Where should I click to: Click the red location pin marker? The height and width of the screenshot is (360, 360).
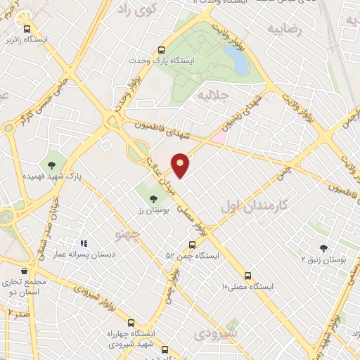(181, 165)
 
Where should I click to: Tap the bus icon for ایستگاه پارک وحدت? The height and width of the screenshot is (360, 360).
(161, 51)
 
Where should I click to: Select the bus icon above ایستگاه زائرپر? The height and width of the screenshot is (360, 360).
(27, 30)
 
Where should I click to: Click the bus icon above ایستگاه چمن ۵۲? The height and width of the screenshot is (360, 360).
(192, 245)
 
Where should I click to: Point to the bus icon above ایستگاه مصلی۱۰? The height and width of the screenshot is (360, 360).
(247, 276)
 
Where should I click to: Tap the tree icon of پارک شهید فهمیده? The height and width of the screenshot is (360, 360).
(51, 165)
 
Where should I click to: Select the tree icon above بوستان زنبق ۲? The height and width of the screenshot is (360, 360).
(323, 248)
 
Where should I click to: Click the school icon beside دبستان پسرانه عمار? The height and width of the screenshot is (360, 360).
(83, 243)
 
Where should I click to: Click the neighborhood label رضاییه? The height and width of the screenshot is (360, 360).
(284, 30)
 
